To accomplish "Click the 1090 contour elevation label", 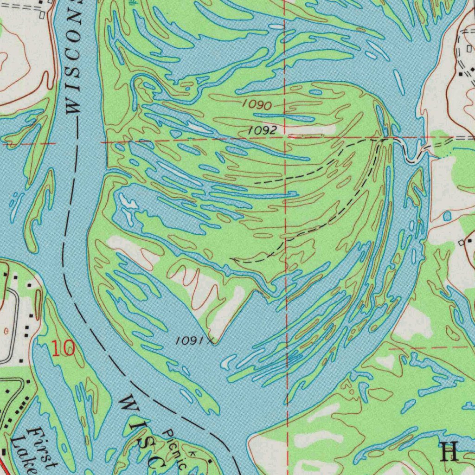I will [257, 105].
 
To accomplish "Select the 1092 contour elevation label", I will [262, 131].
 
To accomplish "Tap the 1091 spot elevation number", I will [190, 341].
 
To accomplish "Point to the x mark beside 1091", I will [212, 342].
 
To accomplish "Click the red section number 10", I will [63, 348].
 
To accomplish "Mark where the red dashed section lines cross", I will [286, 140].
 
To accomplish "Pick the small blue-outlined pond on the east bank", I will [447, 216].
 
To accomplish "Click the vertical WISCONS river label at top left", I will [74, 56].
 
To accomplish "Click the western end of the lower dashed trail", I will [232, 259].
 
